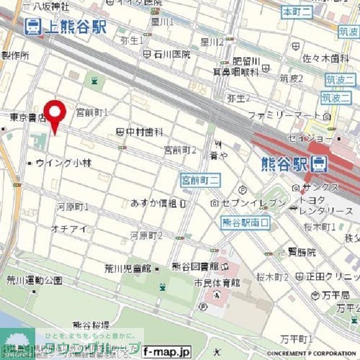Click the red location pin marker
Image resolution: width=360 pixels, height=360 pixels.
point(55,115)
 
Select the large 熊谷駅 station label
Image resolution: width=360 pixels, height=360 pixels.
point(285,164)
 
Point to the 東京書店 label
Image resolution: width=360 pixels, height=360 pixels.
point(26,117)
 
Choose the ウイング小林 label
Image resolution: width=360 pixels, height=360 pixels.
point(63,163)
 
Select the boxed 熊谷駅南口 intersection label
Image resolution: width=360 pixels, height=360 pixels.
point(245,223)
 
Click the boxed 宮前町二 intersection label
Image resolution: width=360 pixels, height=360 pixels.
point(200,180)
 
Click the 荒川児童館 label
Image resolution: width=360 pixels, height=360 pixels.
point(129,268)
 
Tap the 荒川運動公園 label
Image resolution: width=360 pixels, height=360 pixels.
point(34,280)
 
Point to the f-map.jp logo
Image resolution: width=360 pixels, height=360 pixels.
point(166,352)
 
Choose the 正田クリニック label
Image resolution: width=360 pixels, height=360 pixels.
point(332,277)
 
